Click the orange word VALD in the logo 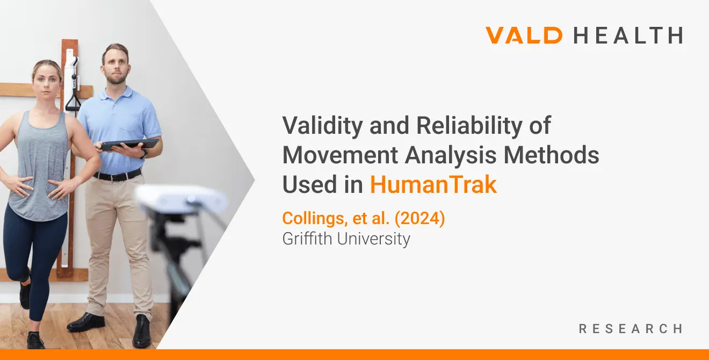coord(524,35)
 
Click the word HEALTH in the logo coord(628,35)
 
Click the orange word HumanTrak coord(433,185)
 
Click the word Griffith coord(308,239)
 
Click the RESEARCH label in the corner coord(631,328)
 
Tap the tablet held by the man coord(129,145)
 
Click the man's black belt coord(117,175)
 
